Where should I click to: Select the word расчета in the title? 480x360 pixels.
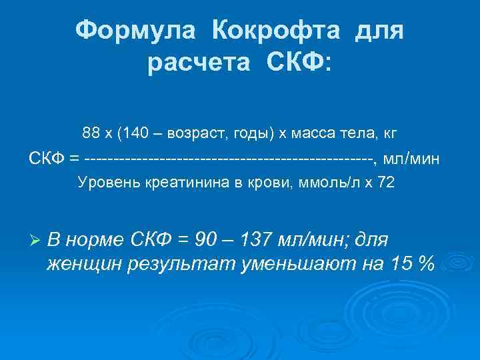(x=201, y=64)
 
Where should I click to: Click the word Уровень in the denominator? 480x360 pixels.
(x=109, y=183)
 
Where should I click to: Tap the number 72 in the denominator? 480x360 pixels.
(x=385, y=183)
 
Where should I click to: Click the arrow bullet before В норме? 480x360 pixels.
(x=36, y=239)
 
